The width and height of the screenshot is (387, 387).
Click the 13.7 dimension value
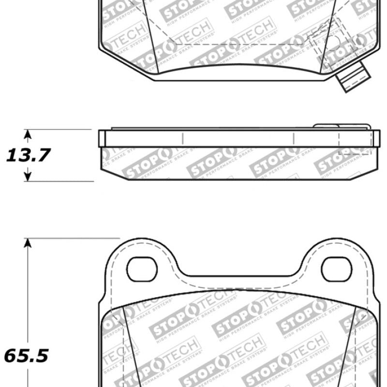28,155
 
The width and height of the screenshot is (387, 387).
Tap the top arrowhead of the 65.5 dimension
28,243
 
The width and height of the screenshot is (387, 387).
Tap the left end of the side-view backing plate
101,138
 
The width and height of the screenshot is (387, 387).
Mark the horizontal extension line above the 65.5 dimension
73,238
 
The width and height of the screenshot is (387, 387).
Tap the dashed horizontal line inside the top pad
242,45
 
